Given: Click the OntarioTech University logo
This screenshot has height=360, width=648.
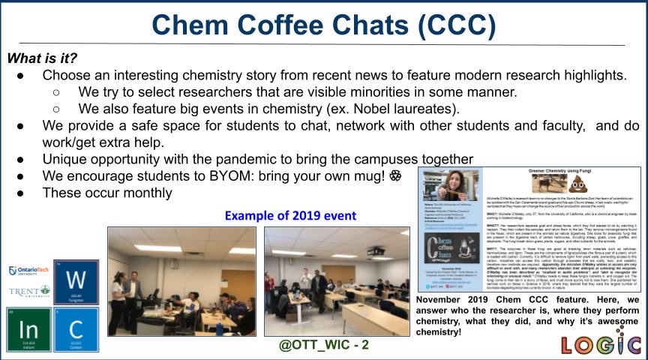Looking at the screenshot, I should [28, 271].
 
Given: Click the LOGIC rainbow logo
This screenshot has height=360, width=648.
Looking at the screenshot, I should [601, 344].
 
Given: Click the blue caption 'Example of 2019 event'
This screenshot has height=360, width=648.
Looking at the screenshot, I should [290, 215].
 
